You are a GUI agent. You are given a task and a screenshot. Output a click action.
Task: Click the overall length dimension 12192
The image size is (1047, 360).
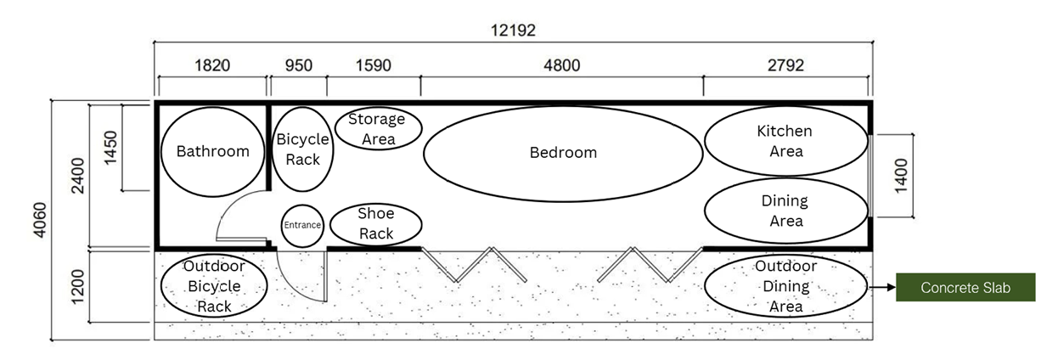(513, 31)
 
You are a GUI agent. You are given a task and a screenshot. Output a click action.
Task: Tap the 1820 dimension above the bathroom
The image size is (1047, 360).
(212, 65)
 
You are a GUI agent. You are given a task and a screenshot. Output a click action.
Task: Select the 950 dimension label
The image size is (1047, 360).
(299, 65)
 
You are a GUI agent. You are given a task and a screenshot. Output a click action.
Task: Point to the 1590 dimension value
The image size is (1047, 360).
(373, 65)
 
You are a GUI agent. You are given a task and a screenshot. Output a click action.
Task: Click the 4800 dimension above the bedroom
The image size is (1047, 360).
(562, 65)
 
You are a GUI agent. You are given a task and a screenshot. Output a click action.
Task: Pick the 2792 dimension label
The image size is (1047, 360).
(785, 65)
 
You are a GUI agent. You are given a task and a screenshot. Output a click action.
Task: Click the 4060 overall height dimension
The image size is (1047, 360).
(40, 220)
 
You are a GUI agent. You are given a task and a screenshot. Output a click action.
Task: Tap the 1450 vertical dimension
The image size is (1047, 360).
(110, 148)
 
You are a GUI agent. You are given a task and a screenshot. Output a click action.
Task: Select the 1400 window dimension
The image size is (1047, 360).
(901, 176)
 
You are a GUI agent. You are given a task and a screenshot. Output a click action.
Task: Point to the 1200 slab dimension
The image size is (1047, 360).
(77, 287)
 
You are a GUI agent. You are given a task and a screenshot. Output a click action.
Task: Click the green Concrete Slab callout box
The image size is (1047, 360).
(965, 287)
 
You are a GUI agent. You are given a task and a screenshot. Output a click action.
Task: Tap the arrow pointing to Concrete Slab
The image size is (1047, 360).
(881, 287)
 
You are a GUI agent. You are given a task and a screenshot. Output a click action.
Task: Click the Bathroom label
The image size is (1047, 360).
(212, 151)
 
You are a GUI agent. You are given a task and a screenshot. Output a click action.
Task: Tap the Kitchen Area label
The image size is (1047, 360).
(785, 141)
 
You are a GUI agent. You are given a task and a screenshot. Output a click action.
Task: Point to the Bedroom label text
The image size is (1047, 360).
(563, 153)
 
